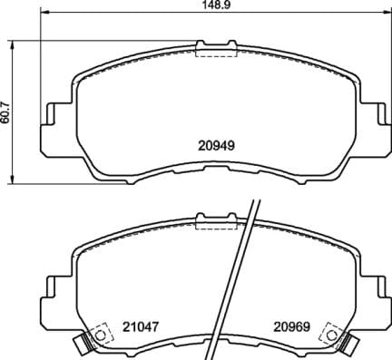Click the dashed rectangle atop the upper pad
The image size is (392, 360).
[213, 52]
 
